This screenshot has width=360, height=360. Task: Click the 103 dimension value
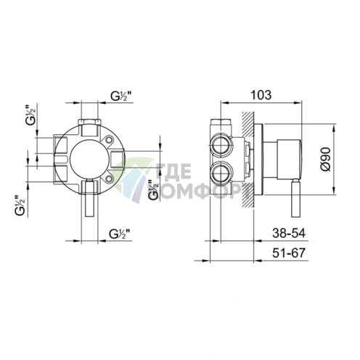pos(261,95)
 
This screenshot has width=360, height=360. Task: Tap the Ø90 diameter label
pos(326,159)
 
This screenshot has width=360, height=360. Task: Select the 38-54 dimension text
pos(289,233)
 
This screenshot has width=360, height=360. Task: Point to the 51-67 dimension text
pos(289,253)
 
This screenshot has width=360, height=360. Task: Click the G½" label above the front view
pos(123,97)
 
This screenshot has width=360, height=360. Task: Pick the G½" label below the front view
pos(121,234)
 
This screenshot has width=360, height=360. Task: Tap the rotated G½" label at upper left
pos(30,115)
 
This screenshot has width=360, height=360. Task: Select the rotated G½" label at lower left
pos(20,205)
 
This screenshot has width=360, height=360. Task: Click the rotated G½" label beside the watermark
pos(154,189)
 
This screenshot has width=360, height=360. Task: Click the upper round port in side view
pos(221,146)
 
